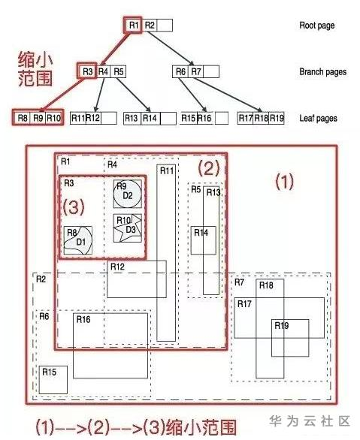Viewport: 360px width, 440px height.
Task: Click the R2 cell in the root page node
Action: tap(150, 26)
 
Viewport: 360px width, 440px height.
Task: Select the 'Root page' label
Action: tap(316, 26)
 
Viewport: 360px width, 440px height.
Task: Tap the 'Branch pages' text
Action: tap(322, 72)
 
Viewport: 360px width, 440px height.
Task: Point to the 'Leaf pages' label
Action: tap(318, 118)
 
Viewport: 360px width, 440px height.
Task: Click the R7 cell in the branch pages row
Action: tap(195, 71)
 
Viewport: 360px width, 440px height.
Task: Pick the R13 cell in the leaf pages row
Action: tap(132, 118)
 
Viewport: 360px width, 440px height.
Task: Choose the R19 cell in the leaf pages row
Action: tap(277, 118)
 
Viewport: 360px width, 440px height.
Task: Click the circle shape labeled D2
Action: tap(128, 194)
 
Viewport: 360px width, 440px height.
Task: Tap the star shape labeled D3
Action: tap(128, 228)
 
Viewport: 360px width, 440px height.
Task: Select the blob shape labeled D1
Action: tap(78, 240)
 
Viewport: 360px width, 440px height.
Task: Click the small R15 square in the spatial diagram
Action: tap(53, 380)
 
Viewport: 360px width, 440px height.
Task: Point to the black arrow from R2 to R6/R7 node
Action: tap(171, 48)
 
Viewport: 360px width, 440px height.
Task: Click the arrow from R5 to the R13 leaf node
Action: tap(134, 95)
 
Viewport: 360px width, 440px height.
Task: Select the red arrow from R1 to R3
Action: tap(116, 48)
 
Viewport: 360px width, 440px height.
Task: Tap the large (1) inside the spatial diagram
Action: tap(284, 182)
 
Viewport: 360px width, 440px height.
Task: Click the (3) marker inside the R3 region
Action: tap(74, 206)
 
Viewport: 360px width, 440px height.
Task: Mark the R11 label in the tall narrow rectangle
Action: tap(167, 170)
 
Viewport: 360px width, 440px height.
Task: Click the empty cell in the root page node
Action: tap(165, 26)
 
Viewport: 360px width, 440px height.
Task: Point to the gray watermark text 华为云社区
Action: tap(310, 421)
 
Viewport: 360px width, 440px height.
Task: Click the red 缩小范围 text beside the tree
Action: tap(35, 69)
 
